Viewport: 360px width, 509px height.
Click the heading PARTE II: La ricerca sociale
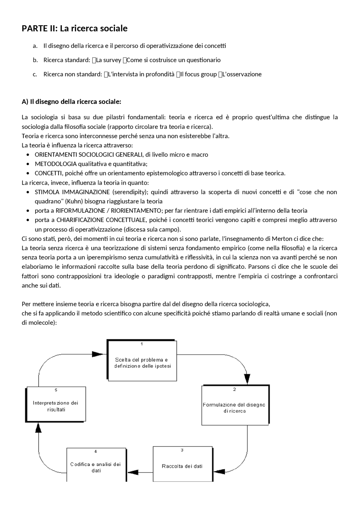click(75, 28)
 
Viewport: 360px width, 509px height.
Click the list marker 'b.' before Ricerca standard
click(35, 60)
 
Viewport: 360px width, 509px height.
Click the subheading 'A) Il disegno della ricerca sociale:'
click(71, 101)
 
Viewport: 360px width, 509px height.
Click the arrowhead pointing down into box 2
click(247, 379)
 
